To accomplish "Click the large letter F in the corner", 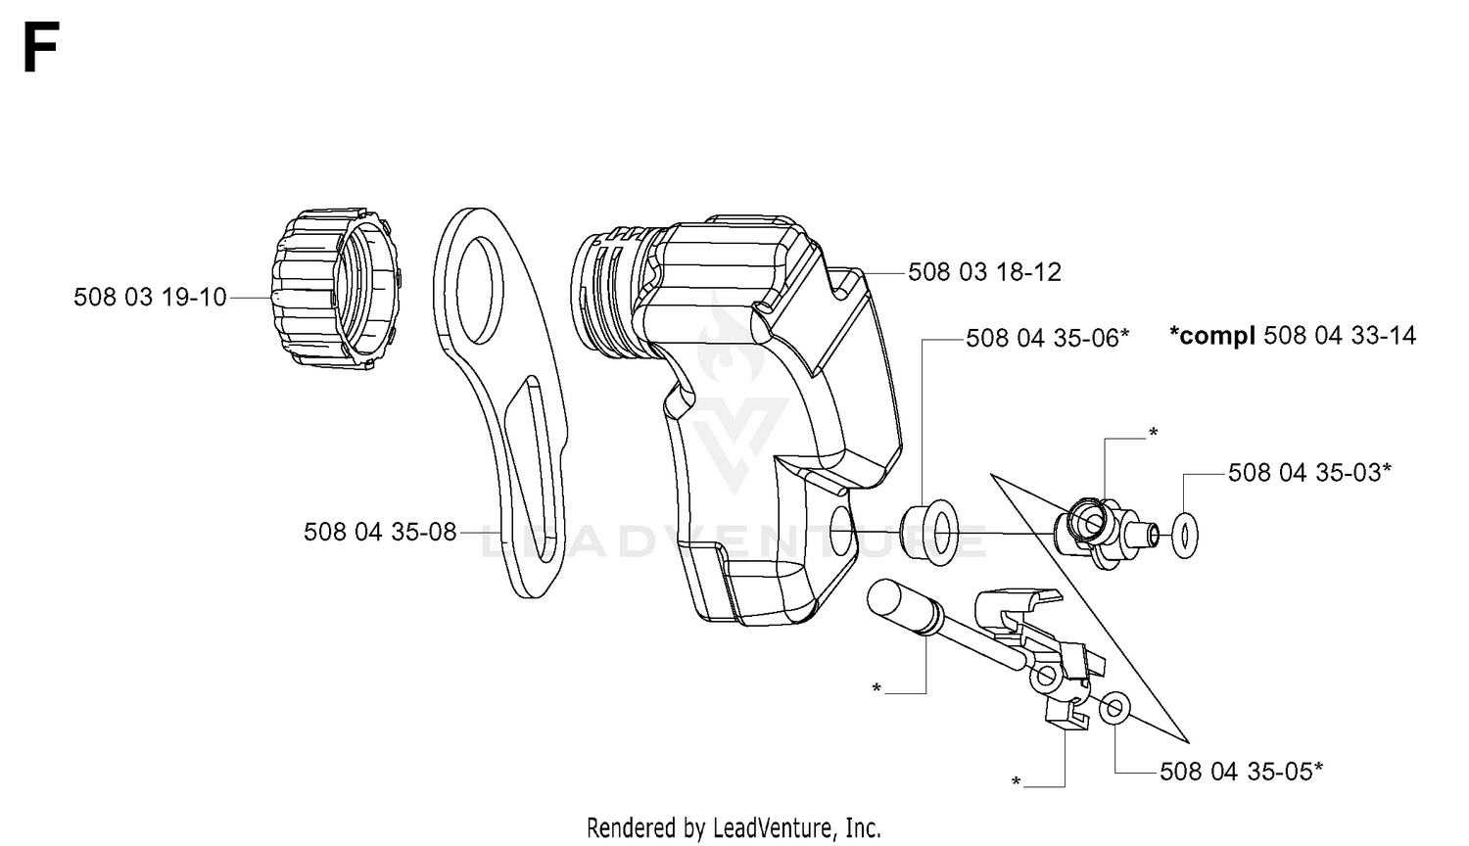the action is pos(41,47).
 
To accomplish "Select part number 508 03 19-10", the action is pos(150,297).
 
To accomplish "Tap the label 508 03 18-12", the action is pos(984,272).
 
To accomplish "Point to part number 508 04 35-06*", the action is pos(1048,339).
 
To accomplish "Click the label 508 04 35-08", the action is pos(380,532).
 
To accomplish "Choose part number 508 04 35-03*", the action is pos(1309,473).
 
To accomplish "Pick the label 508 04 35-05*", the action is pos(1242,772).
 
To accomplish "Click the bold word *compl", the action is pos(1212,337).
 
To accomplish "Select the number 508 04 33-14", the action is pos(1340,336).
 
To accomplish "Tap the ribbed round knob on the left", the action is pos(335,289).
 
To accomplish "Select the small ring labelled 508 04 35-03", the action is pos(1184,536).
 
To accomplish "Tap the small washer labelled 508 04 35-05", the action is pos(1114,708).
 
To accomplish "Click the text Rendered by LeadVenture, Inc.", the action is pos(734,828).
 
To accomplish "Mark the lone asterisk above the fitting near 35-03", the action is pos(1154,433).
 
